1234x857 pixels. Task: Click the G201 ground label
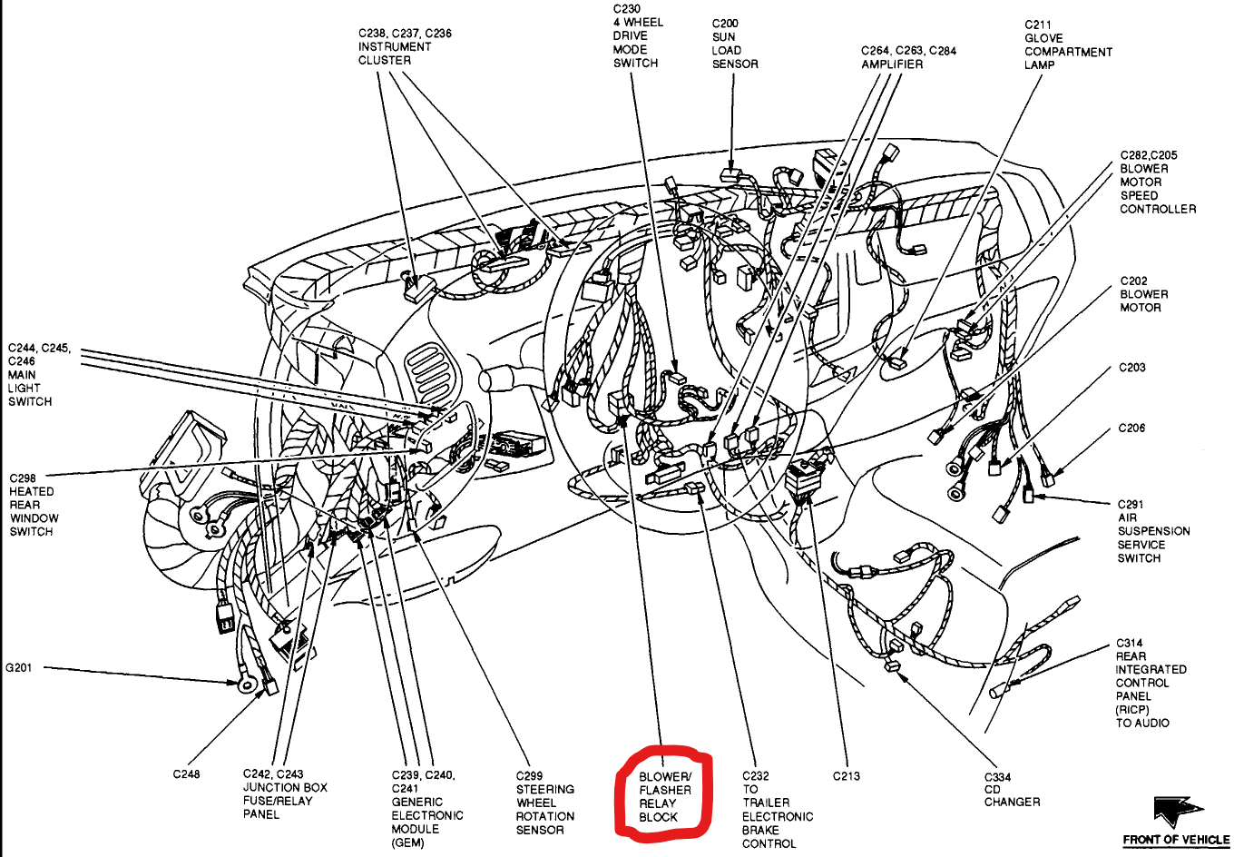click(19, 668)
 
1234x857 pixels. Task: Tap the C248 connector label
click(186, 774)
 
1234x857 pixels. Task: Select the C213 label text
click(847, 776)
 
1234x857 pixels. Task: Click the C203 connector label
click(1131, 368)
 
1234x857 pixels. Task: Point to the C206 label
click(1131, 428)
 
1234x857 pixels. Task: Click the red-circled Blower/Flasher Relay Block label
click(664, 797)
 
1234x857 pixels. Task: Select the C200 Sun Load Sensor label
click(734, 44)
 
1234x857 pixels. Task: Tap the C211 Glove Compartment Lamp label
click(1068, 44)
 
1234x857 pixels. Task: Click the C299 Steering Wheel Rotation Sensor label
click(544, 803)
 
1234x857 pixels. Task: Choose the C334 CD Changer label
click(1012, 789)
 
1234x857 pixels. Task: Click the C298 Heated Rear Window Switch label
click(34, 505)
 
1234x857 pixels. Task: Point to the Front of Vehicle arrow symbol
click(1177, 810)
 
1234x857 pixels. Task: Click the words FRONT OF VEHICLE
click(1176, 840)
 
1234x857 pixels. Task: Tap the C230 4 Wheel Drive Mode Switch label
click(637, 36)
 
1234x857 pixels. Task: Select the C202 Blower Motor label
click(1143, 294)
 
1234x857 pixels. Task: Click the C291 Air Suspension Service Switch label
click(1153, 531)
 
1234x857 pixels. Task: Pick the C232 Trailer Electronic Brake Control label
click(777, 810)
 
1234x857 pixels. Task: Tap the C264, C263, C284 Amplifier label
click(908, 57)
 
